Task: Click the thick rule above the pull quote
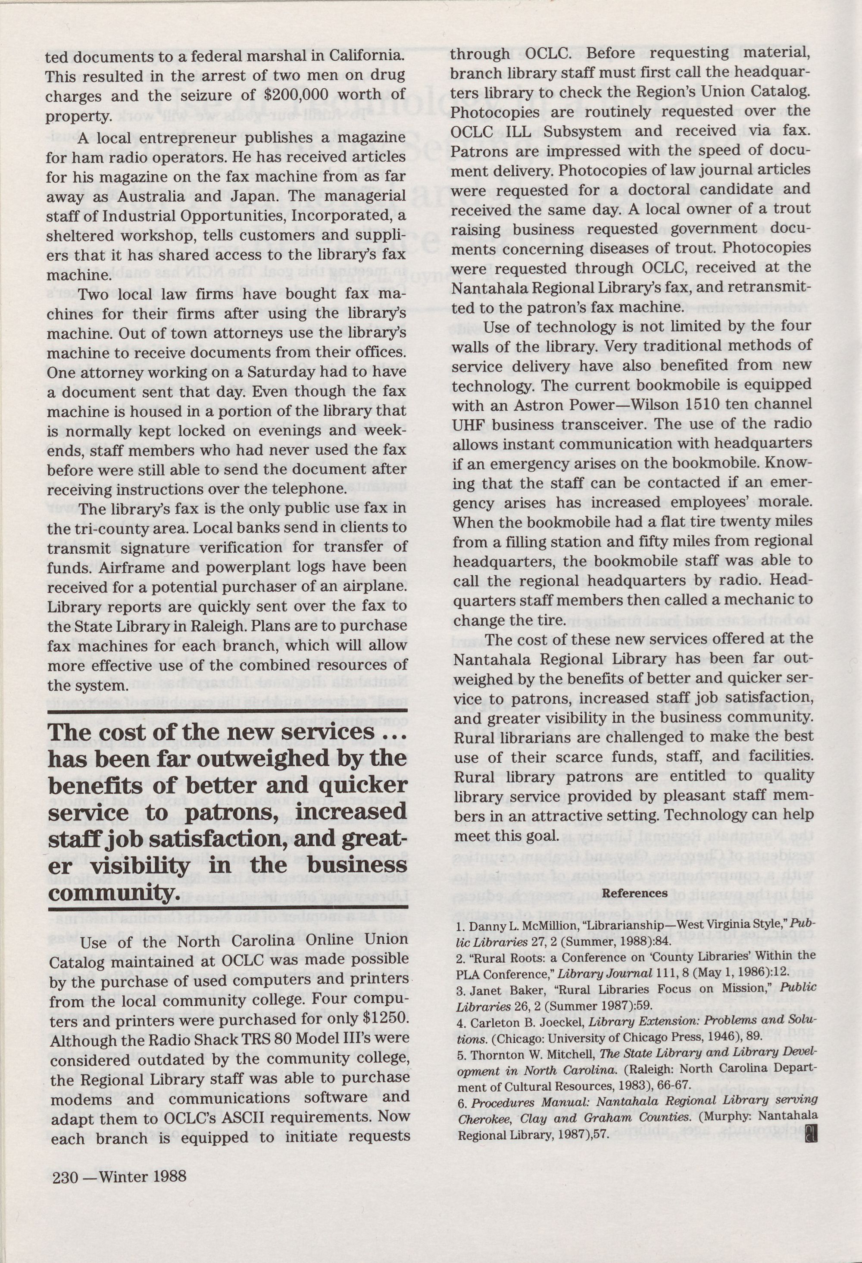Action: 227,711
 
